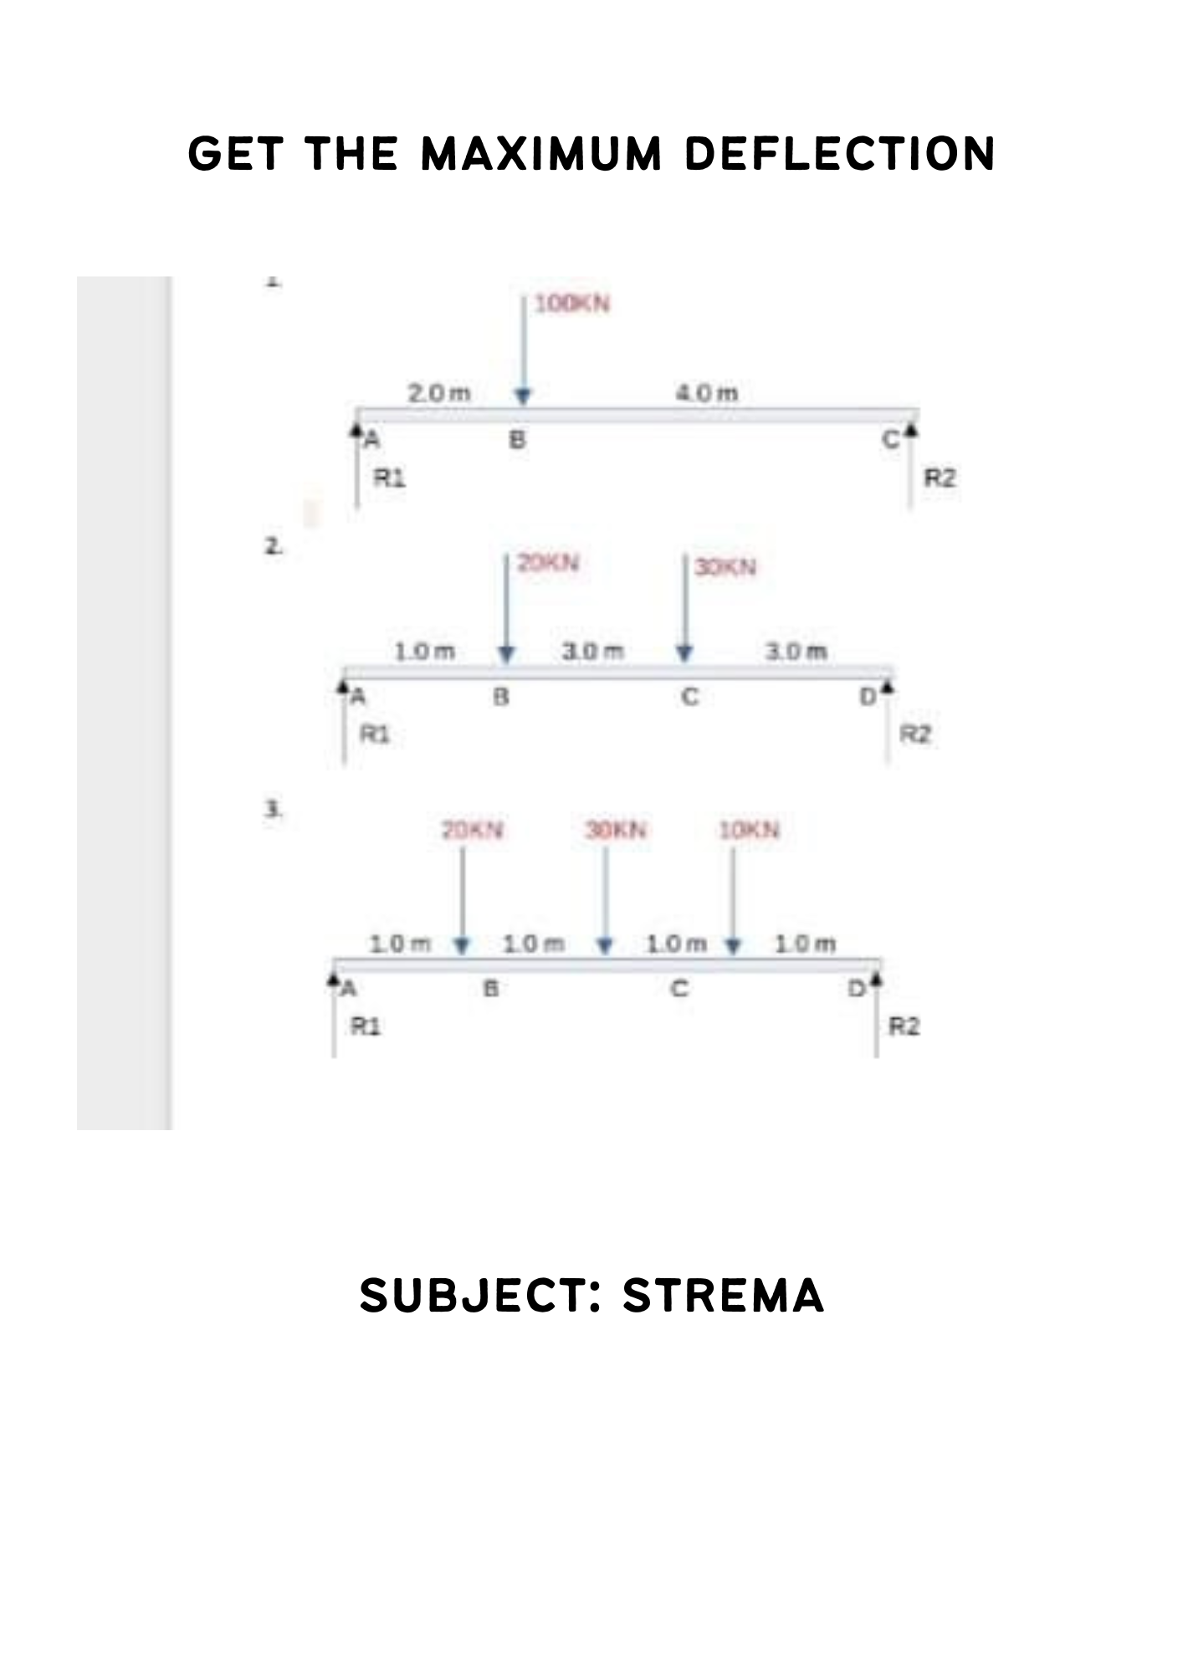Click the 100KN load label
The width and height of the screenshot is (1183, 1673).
[x=572, y=304]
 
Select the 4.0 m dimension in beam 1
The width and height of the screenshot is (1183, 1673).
[x=707, y=392]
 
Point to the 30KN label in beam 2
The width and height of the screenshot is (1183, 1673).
[x=725, y=567]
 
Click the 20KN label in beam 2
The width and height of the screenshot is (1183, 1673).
[x=548, y=562]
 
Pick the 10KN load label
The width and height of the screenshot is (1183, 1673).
[x=749, y=830]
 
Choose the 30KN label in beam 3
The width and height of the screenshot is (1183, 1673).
[x=616, y=830]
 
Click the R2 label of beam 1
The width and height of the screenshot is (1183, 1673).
[x=939, y=478]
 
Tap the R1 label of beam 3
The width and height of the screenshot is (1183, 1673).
[x=365, y=1026]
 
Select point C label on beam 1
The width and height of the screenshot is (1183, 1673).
[x=890, y=439]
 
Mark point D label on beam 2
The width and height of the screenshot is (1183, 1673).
[x=868, y=696]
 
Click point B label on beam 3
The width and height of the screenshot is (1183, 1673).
[x=492, y=989]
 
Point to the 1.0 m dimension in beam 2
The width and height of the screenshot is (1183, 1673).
[x=425, y=651]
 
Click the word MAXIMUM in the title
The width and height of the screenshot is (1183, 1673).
[x=541, y=155]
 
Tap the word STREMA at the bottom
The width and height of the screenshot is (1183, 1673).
[x=724, y=1296]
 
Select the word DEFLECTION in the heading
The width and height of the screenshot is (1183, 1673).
[x=840, y=155]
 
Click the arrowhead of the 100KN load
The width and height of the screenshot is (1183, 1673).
[x=523, y=396]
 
